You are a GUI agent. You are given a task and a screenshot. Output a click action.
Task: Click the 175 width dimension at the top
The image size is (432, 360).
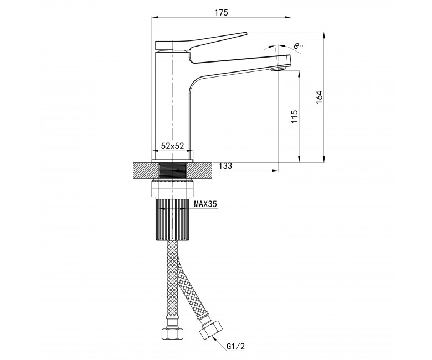221,13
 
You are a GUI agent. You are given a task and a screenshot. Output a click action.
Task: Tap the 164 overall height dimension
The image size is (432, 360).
319,97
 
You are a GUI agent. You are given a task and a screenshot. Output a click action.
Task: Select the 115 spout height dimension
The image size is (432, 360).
294,116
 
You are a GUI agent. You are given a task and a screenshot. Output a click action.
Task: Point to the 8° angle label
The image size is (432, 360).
299,46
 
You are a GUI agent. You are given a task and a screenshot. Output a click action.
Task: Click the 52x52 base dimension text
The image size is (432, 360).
172,146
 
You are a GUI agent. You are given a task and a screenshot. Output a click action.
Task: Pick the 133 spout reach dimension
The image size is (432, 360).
225,166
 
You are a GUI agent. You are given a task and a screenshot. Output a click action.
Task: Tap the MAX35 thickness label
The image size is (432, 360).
205,204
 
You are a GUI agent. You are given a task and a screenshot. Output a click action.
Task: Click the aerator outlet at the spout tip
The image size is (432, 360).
279,69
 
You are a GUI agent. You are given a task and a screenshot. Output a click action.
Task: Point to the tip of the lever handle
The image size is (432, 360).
246,33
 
